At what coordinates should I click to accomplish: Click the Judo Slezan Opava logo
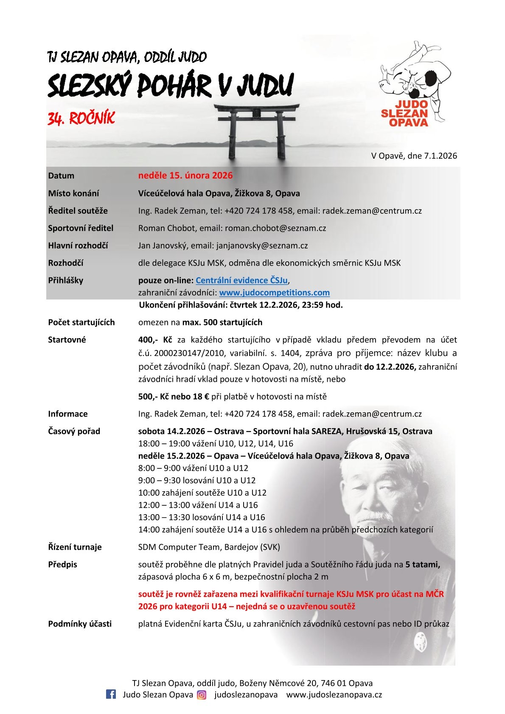[412, 85]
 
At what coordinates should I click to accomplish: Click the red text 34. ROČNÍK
[81, 119]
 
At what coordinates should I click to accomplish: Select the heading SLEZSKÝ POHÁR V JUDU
[170, 86]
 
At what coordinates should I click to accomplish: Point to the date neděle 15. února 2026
[185, 176]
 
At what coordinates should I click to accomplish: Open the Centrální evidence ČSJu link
[241, 280]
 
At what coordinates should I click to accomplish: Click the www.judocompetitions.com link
[274, 293]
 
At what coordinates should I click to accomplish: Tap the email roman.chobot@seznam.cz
[275, 228]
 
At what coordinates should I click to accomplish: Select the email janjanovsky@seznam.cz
[262, 246]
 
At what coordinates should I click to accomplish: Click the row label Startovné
[67, 340]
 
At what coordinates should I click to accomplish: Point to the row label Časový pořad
[74, 431]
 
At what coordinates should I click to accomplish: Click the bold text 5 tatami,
[423, 565]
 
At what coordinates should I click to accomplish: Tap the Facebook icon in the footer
[111, 694]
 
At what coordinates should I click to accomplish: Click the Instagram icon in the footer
[202, 695]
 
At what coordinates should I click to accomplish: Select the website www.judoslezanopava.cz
[334, 695]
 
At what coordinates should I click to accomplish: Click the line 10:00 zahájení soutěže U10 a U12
[202, 493]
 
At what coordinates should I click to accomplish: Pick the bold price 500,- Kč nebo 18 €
[174, 397]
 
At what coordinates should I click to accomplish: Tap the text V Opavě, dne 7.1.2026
[414, 156]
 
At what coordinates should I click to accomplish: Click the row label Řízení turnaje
[75, 547]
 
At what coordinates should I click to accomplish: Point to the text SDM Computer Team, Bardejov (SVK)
[209, 547]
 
